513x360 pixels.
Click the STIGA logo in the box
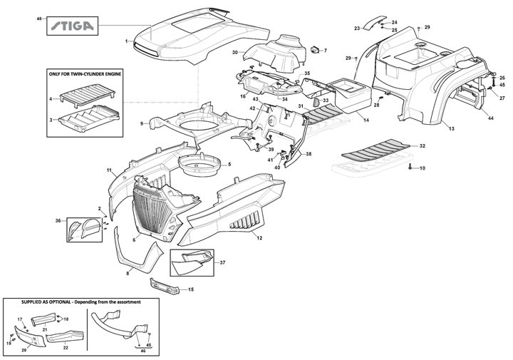click(73, 26)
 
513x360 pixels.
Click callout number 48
click(39, 19)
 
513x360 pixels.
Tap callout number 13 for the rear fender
click(452, 128)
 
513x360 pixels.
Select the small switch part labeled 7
click(316, 49)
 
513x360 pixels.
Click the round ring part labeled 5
click(198, 165)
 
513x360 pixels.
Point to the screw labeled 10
click(410, 168)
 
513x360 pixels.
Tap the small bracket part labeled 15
click(165, 287)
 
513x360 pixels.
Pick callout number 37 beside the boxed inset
click(222, 262)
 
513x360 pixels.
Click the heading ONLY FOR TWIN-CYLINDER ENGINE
click(85, 74)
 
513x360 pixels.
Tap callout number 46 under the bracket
click(142, 351)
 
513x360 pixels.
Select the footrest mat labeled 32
click(375, 152)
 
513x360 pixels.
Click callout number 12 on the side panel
click(259, 238)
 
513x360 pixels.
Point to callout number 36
click(58, 221)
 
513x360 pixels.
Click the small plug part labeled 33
click(316, 102)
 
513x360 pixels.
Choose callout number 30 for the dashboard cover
click(235, 52)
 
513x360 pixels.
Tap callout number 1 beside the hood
click(126, 41)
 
